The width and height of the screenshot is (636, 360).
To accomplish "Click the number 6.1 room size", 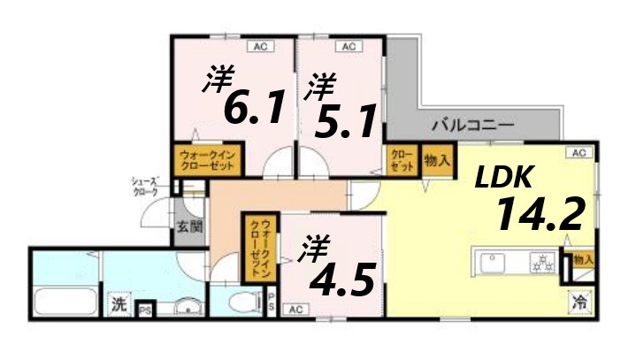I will tap(253, 107).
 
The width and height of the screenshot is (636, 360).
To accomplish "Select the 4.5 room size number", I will tap(346, 278).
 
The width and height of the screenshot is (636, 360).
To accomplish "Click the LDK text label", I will tap(503, 179).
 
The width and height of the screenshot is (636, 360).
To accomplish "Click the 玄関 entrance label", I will tap(189, 226).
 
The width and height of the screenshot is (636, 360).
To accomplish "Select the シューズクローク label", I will tap(145, 186).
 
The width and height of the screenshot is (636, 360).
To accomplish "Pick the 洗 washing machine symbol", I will tap(118, 304).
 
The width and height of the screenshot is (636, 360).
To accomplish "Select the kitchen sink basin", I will tap(492, 262).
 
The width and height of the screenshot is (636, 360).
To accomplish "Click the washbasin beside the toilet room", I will tap(186, 307).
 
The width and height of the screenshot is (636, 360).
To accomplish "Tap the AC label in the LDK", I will tap(579, 153).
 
